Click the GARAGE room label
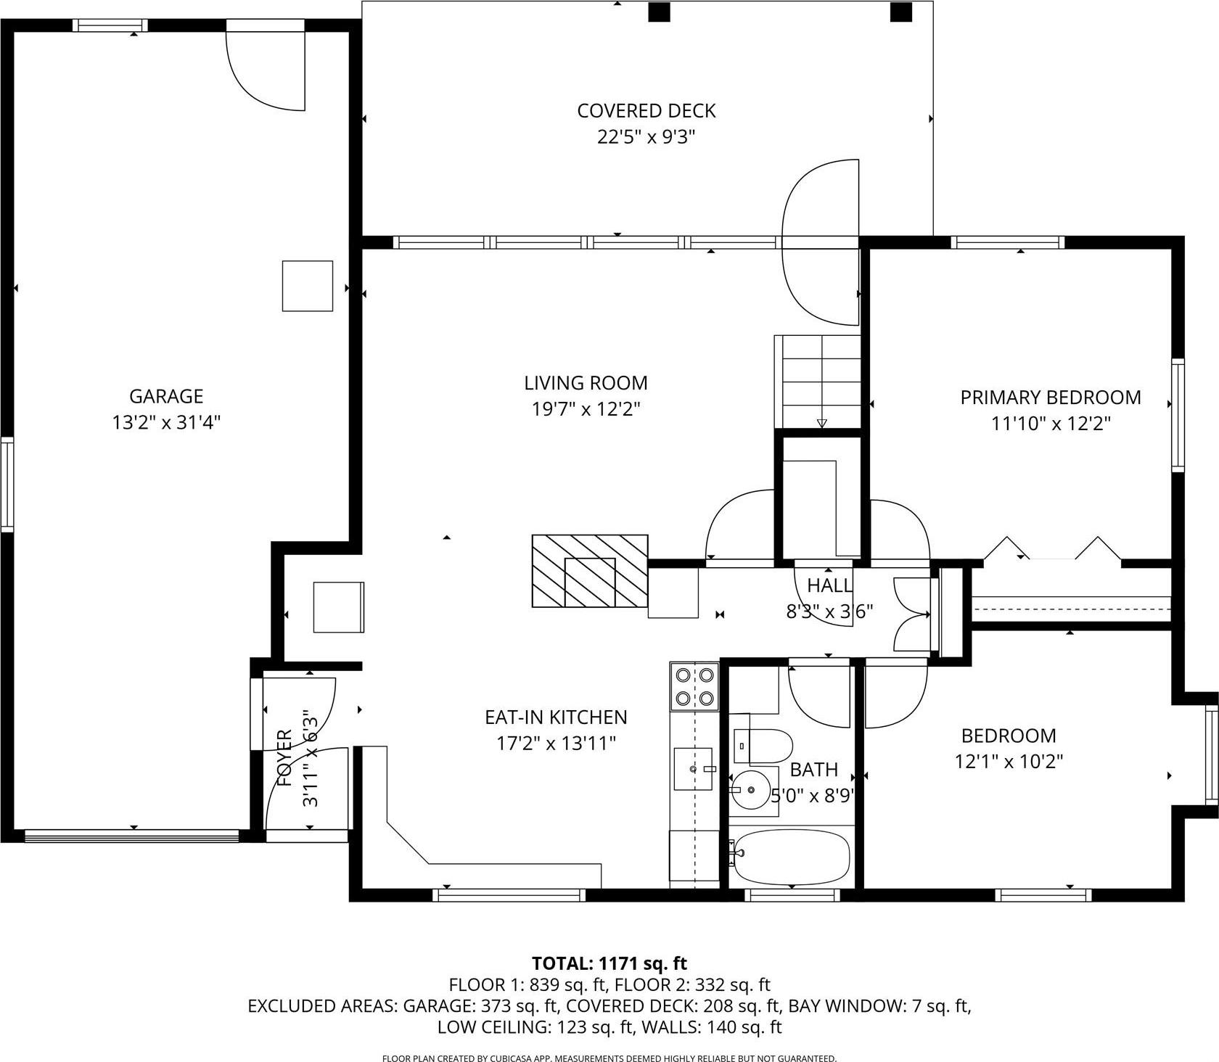point(165,396)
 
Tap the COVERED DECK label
point(646,111)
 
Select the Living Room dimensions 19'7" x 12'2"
point(586,409)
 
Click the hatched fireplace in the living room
point(589,571)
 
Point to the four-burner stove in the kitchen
point(694,686)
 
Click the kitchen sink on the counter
point(693,768)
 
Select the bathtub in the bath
point(791,856)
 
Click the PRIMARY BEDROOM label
point(1050,398)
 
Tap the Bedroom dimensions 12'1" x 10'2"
point(1009,762)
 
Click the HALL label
point(829,585)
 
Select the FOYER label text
point(285,758)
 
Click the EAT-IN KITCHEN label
point(556,717)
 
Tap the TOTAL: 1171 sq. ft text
point(609,963)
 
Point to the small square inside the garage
point(307,286)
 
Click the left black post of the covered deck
point(659,12)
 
